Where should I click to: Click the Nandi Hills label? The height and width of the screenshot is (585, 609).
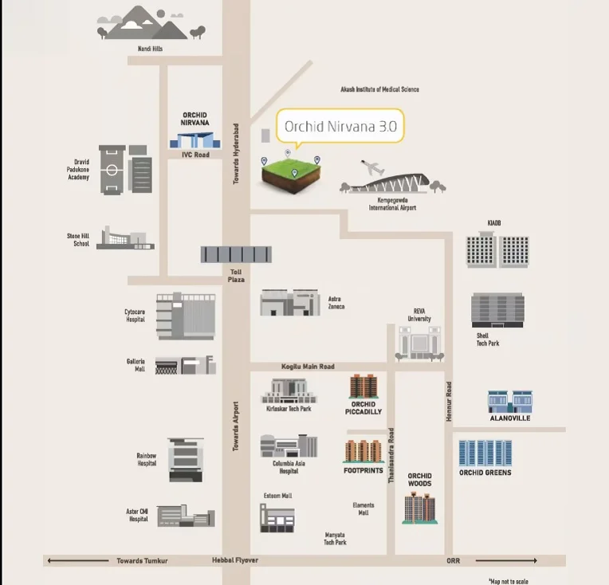151,49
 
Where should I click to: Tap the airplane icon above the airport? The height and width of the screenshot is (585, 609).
372,167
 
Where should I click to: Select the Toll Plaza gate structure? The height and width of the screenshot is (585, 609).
236,254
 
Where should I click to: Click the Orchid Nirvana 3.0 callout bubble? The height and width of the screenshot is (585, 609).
340,126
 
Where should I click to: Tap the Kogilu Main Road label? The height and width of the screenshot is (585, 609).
308,367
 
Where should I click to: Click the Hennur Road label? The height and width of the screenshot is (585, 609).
449,401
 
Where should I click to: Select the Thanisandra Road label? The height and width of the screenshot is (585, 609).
391,455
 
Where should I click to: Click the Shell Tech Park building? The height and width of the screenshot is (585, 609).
497,310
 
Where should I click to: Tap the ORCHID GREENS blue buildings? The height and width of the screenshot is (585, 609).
485,453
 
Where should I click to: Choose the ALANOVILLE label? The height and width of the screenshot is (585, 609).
510,418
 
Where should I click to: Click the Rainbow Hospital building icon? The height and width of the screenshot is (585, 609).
186,460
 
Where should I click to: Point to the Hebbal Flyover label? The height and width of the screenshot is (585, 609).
235,560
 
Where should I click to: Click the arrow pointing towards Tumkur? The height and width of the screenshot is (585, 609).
77,560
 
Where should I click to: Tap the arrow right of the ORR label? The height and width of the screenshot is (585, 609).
506,560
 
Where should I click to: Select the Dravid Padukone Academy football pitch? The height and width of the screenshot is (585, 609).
112,170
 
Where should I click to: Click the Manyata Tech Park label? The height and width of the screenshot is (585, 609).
335,539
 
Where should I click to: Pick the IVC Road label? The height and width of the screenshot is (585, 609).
195,155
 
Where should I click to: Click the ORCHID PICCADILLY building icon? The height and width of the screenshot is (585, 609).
363,387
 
